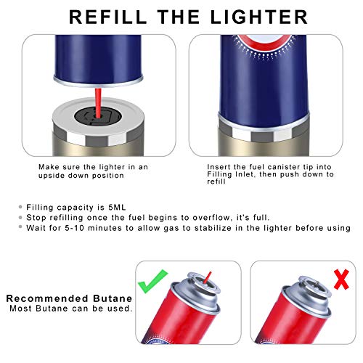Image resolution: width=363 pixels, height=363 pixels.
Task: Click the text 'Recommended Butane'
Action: click(x=69, y=298)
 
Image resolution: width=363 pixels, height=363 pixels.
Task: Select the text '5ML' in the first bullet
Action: click(x=121, y=207)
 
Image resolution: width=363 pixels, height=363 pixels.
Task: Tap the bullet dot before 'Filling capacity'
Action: click(x=20, y=207)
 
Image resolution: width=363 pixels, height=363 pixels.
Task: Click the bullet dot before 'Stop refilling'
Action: click(x=20, y=217)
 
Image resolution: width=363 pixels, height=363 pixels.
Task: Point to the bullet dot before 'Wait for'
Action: click(x=20, y=227)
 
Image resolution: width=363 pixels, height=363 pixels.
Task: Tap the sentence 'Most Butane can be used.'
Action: click(x=70, y=309)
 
